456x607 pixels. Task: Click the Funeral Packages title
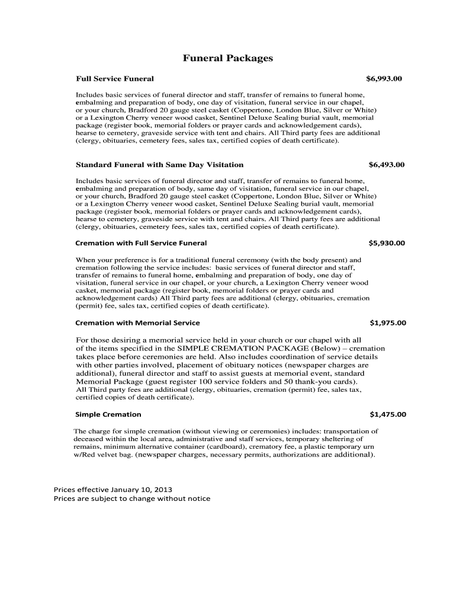[227, 58]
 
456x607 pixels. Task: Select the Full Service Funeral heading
[115, 78]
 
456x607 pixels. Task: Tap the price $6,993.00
[384, 78]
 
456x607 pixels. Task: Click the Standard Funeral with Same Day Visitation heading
[159, 164]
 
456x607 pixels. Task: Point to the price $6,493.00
[386, 164]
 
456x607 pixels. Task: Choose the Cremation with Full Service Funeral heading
[141, 243]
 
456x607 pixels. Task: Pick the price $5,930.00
[386, 243]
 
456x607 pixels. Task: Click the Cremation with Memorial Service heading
[137, 323]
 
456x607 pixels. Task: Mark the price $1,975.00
[387, 323]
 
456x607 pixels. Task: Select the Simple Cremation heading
[108, 414]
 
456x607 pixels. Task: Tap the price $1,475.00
[387, 414]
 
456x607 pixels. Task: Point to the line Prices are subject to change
[131, 499]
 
